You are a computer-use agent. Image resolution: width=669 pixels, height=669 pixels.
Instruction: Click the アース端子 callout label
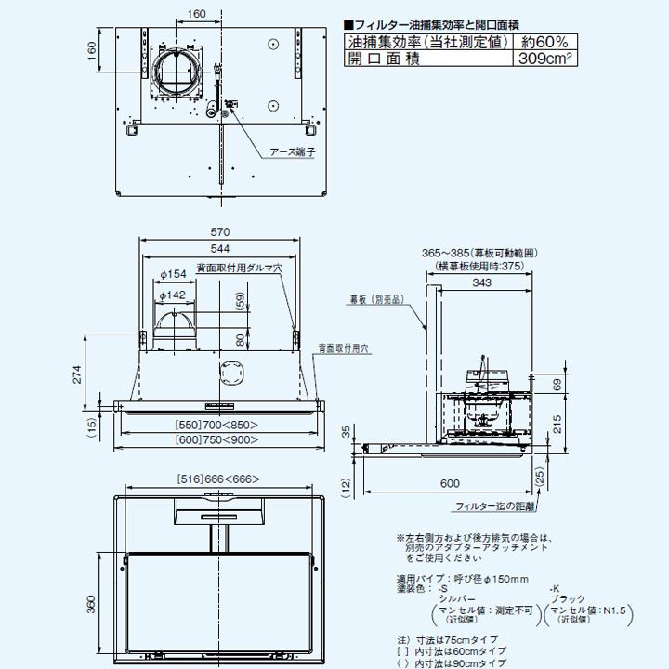tap(293, 151)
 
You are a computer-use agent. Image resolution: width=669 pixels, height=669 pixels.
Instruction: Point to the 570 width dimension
tap(220, 231)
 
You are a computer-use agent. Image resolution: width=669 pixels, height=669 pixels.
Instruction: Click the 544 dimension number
tap(220, 249)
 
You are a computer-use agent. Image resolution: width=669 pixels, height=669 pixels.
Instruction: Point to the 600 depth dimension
tap(451, 482)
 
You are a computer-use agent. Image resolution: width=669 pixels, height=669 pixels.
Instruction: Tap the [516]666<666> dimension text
tap(218, 479)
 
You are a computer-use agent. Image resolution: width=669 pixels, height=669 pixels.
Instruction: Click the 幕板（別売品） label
tap(375, 300)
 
